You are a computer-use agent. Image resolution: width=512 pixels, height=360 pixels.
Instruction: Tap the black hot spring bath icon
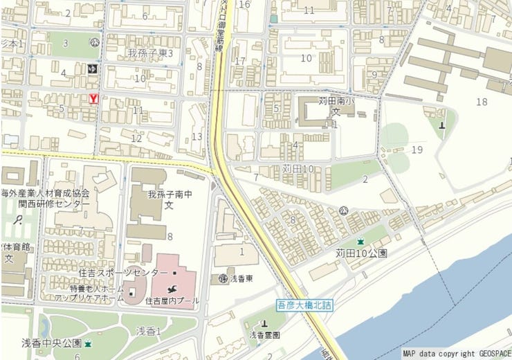pyautogui.click(x=93, y=69)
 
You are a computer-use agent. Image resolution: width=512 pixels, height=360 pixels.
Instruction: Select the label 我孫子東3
pyautogui.click(x=150, y=53)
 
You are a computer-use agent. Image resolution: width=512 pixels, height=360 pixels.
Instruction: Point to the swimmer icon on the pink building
pyautogui.click(x=171, y=287)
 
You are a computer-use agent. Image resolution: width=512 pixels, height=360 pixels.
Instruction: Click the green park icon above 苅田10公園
pyautogui.click(x=360, y=241)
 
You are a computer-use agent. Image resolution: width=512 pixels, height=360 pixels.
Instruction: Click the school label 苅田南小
pyautogui.click(x=336, y=100)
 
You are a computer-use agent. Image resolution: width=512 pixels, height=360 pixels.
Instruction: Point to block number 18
pyautogui.click(x=482, y=102)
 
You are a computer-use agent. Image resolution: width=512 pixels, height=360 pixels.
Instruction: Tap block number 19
pyautogui.click(x=417, y=150)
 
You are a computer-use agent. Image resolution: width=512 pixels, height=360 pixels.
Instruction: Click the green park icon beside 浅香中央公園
pyautogui.click(x=88, y=343)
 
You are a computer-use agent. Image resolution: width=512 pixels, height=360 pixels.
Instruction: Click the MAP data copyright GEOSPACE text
pyautogui.click(x=456, y=353)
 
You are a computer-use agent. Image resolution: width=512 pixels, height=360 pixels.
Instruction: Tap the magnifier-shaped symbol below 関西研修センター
pyautogui.click(x=19, y=221)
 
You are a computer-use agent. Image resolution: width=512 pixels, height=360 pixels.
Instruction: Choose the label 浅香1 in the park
pyautogui.click(x=148, y=332)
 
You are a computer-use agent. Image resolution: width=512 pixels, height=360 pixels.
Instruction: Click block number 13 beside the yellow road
pyautogui.click(x=197, y=136)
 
